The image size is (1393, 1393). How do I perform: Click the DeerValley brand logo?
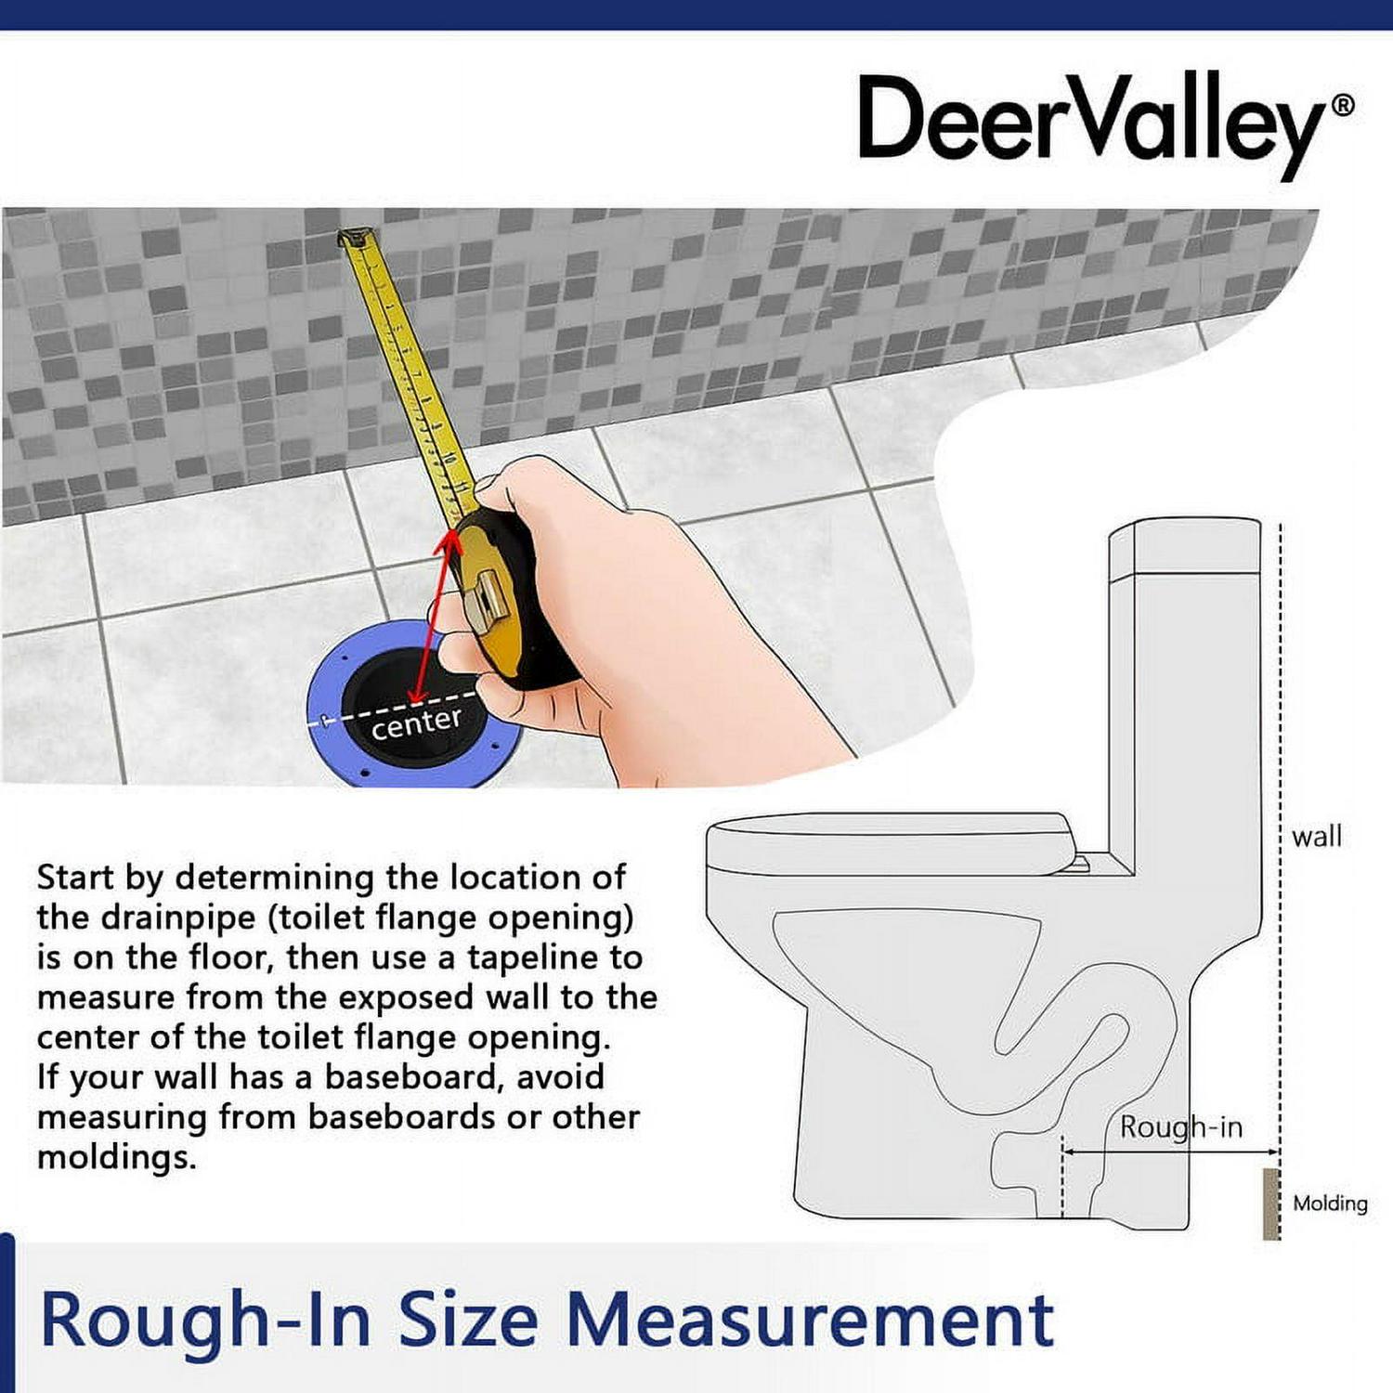click(1105, 125)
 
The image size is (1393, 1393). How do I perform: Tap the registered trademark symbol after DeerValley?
click(1343, 106)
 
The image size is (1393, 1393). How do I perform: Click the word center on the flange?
click(416, 723)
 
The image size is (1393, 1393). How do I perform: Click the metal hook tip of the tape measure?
click(355, 237)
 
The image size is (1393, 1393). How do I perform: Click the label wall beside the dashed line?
click(1317, 837)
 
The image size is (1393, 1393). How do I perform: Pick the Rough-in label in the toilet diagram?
click(1180, 1127)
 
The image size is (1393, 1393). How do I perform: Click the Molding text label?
click(1330, 1204)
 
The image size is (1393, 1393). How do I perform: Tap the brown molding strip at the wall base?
click(1270, 1204)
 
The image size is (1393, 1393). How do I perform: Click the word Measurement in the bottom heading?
click(809, 1320)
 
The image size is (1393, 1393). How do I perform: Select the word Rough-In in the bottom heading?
click(205, 1320)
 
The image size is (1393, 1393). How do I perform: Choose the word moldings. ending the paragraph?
click(117, 1158)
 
